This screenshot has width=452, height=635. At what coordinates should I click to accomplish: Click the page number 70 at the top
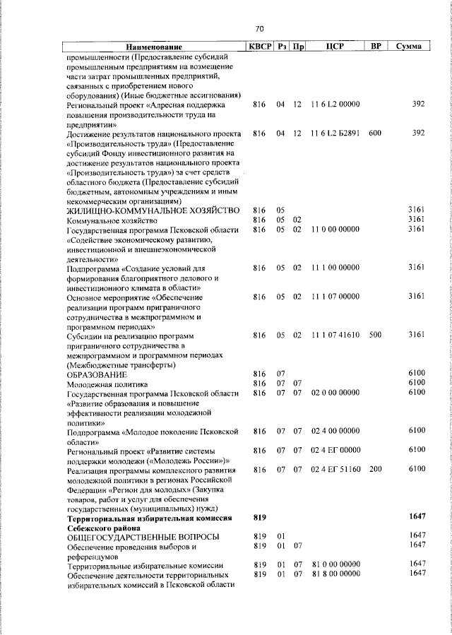point(258,29)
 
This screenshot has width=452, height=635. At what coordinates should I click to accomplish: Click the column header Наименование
point(154,47)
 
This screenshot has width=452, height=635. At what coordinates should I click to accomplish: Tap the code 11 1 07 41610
point(335,334)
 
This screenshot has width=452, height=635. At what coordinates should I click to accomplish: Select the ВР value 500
point(374,334)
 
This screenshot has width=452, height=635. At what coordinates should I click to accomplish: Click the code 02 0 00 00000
point(335,392)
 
